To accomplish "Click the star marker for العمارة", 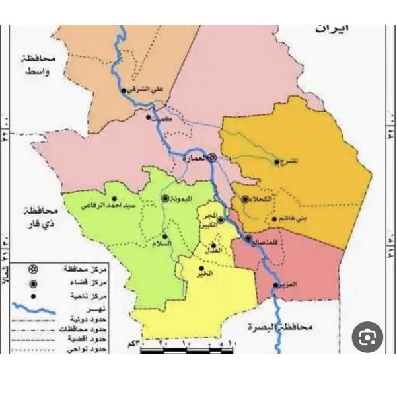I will (212, 158).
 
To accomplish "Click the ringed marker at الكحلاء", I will (245, 199).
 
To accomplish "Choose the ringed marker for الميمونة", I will (165, 198).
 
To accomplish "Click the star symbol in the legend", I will (32, 269).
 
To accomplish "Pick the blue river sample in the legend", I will (32, 308).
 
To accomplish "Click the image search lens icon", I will (367, 337).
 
